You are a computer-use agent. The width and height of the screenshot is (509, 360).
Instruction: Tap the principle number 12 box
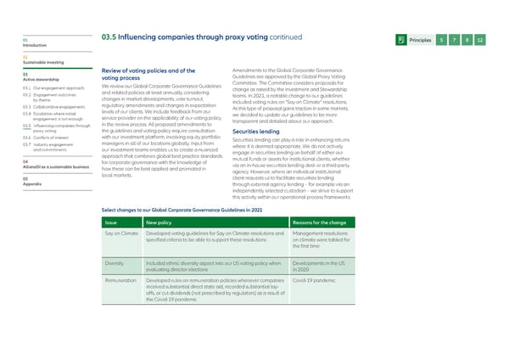point(480,41)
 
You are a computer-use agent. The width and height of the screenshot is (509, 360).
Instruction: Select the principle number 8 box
point(467,41)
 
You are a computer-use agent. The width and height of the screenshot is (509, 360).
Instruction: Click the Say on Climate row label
point(121,232)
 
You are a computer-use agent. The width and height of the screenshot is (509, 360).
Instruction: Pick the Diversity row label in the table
point(115,264)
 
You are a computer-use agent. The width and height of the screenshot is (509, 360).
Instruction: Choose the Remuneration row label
point(122,280)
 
